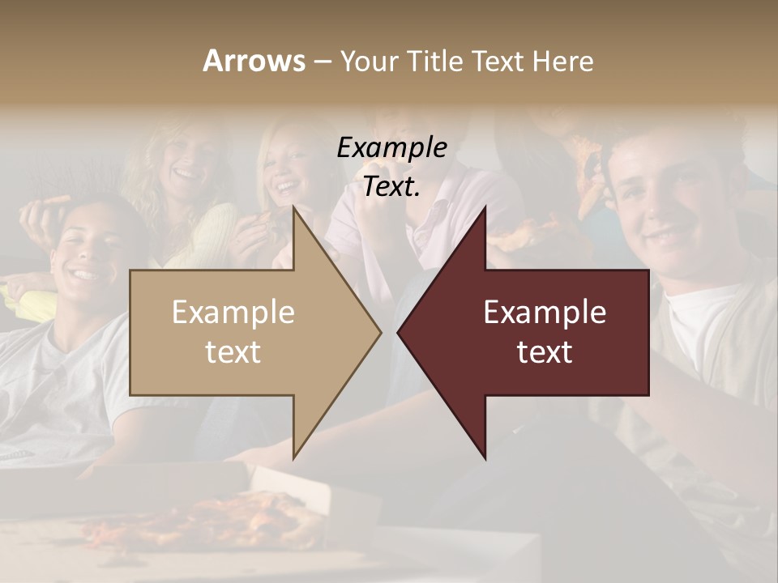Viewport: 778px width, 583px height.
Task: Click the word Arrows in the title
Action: click(x=254, y=61)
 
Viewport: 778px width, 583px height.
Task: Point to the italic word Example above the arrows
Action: click(x=391, y=147)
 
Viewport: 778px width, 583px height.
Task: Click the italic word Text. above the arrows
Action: click(x=391, y=186)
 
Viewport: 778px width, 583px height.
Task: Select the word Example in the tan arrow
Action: click(x=233, y=313)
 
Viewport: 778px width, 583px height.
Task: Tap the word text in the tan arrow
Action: click(x=233, y=352)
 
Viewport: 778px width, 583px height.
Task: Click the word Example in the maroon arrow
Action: click(x=545, y=313)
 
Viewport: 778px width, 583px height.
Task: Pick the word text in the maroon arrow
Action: click(x=545, y=352)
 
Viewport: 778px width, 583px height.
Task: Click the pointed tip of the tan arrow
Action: click(x=379, y=332)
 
